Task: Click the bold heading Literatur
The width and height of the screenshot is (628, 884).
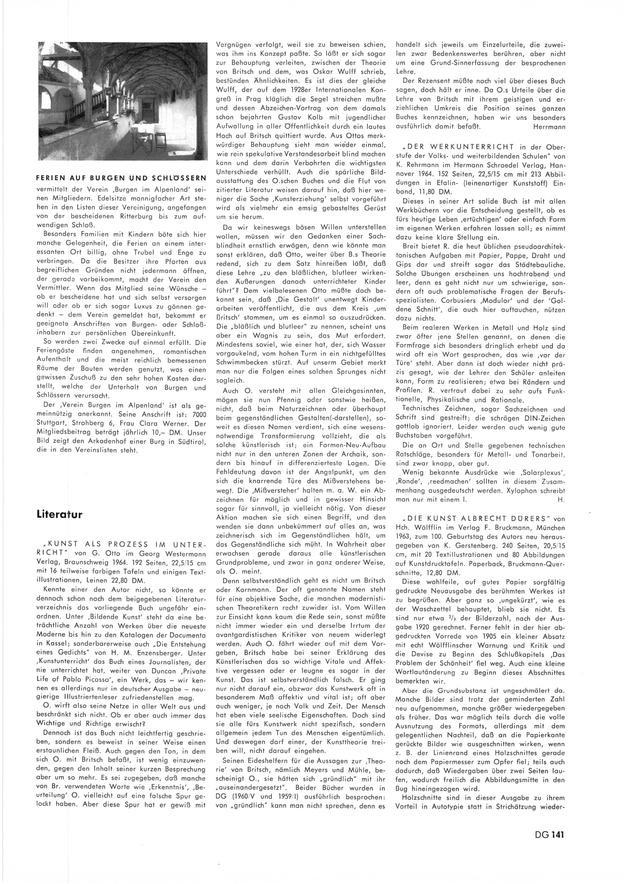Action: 60,514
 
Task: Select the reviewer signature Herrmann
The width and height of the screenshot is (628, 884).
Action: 549,127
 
